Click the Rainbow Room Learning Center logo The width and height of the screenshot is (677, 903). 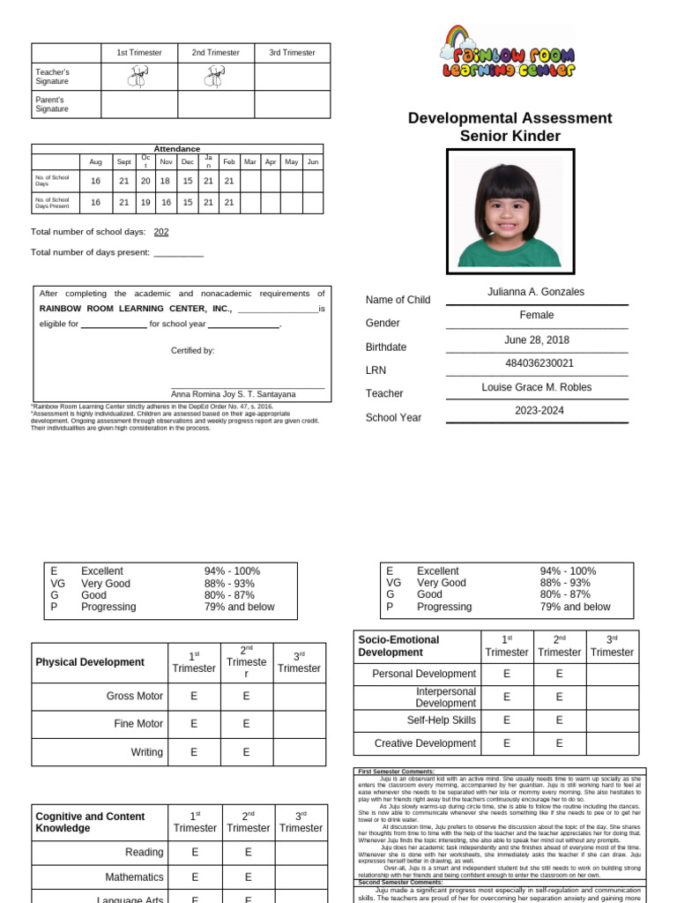(x=509, y=53)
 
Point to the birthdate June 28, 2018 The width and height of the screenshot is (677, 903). (x=536, y=340)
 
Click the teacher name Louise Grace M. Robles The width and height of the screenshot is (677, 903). (x=536, y=387)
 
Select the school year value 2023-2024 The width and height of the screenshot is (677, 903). (x=539, y=411)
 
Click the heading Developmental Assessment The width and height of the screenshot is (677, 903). (x=510, y=118)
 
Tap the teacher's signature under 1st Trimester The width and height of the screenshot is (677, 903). (x=138, y=78)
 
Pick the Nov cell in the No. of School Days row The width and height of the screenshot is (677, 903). (x=165, y=181)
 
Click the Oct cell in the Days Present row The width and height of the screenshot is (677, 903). (x=145, y=202)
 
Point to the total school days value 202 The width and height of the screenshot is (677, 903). (x=161, y=232)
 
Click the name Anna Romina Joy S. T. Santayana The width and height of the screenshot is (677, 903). (x=234, y=394)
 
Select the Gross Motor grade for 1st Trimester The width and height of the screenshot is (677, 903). (x=194, y=696)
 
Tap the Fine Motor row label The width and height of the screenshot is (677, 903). (x=138, y=724)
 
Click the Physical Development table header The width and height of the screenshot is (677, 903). (x=90, y=662)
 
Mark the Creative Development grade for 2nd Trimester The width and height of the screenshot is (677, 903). (x=560, y=743)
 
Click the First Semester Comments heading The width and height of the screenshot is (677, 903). (x=397, y=772)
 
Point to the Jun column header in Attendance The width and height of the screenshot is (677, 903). (x=313, y=162)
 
